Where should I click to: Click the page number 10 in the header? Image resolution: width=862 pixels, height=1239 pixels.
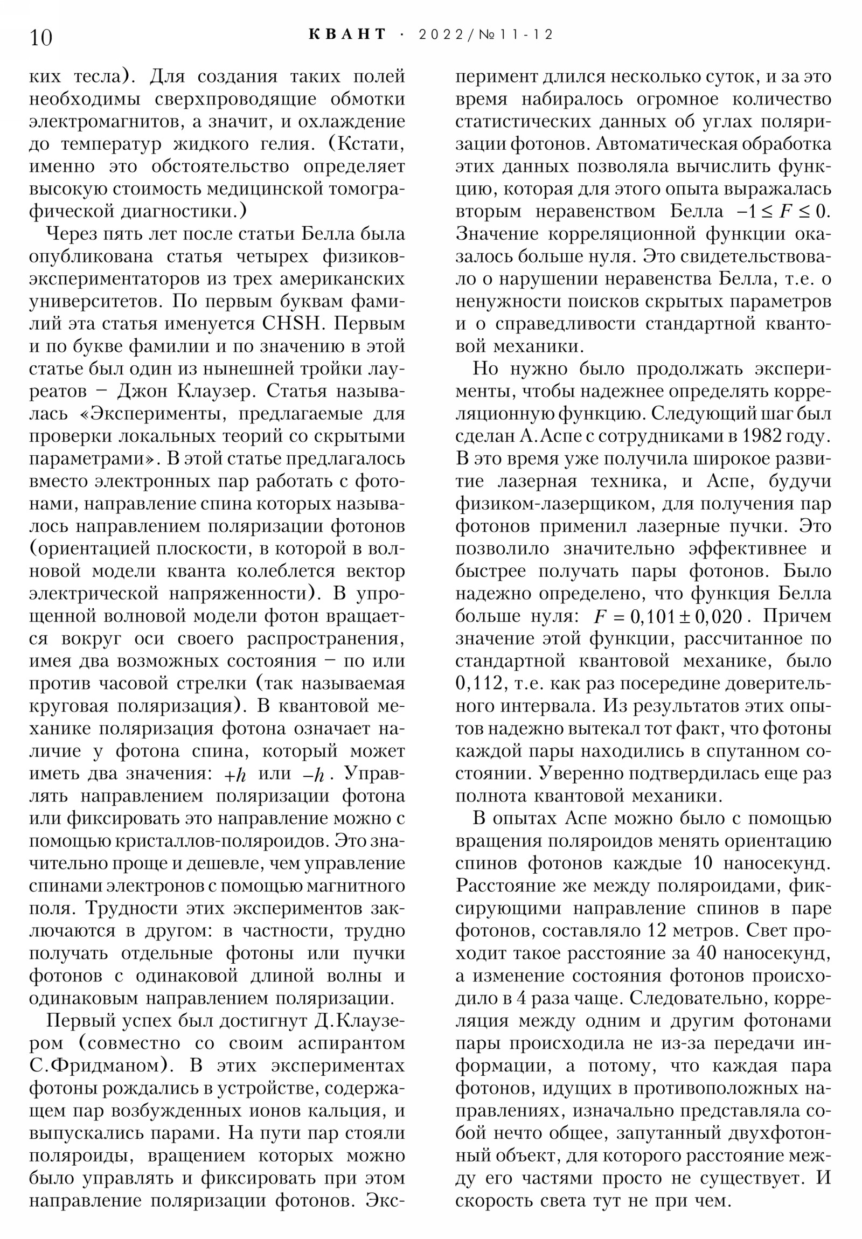(x=41, y=38)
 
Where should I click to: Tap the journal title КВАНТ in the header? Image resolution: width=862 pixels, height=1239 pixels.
(x=347, y=34)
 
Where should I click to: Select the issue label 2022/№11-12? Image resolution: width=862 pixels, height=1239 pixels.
(x=486, y=34)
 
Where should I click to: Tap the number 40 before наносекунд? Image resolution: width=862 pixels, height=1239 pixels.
(x=706, y=953)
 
